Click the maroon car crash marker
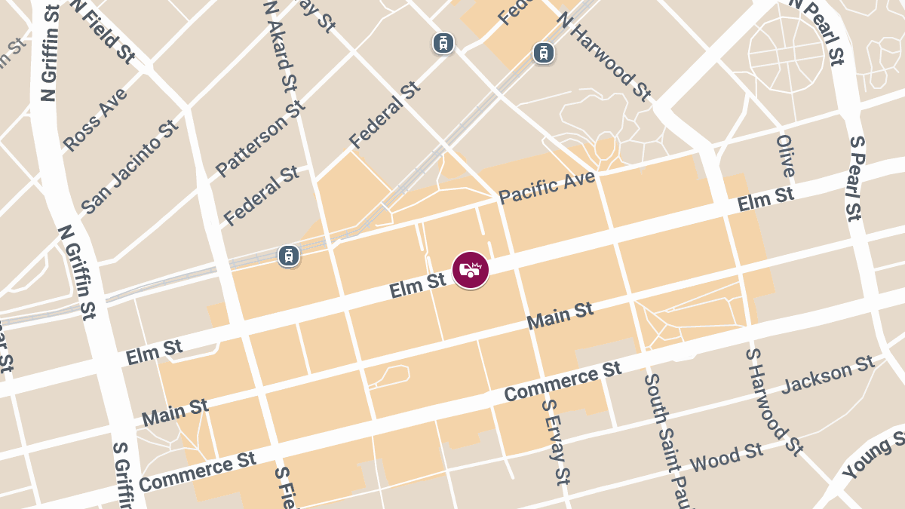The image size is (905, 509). (x=471, y=270)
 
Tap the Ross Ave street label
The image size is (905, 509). (x=95, y=120)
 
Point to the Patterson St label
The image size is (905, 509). (x=260, y=136)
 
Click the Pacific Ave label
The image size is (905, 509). (x=547, y=187)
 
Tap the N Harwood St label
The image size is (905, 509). (x=603, y=56)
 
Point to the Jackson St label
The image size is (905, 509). (x=827, y=376)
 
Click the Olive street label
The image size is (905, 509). (x=785, y=155)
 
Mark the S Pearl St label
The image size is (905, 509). (x=854, y=178)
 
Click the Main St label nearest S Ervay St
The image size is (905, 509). (x=560, y=315)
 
